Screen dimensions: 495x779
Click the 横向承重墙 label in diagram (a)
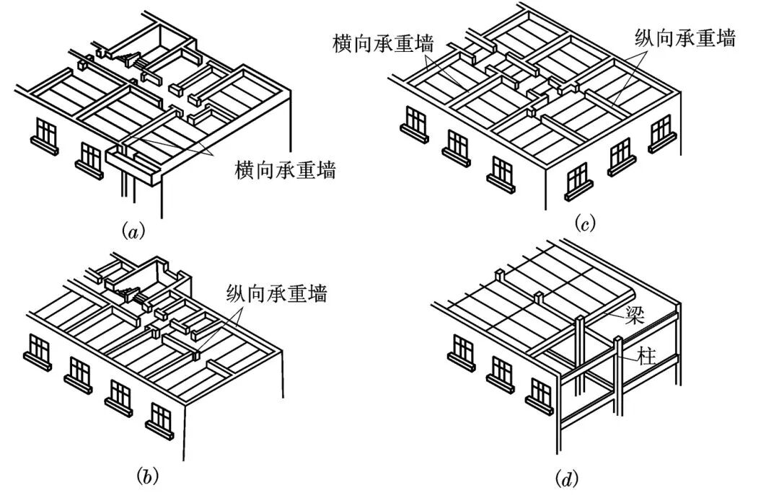pyautogui.click(x=285, y=171)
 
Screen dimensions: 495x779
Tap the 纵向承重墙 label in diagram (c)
pyautogui.click(x=685, y=38)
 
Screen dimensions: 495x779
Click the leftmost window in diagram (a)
pyautogui.click(x=46, y=133)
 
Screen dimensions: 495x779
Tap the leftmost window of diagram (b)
pyautogui.click(x=39, y=350)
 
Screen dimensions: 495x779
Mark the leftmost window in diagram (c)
pyautogui.click(x=415, y=120)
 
